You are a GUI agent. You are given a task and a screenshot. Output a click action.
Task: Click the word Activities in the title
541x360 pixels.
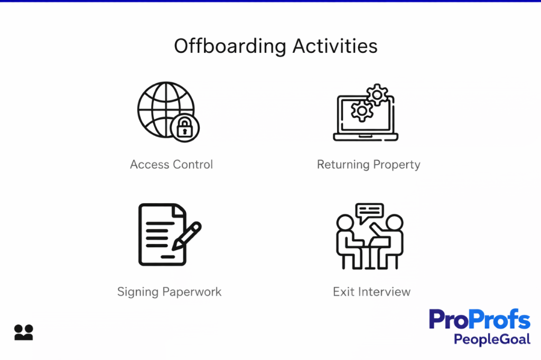335,46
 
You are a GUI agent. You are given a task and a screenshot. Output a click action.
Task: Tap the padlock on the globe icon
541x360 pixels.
184,127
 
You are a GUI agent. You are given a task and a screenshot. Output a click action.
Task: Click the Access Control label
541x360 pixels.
171,164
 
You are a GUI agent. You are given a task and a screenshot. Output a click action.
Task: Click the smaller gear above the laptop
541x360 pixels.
377,94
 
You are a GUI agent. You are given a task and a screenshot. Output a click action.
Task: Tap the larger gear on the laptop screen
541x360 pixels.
362,111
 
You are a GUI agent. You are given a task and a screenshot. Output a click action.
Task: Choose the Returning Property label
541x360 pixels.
368,164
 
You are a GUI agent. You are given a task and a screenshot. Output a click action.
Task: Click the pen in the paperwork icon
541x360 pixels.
186,236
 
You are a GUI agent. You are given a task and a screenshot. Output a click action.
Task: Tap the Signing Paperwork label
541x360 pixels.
169,291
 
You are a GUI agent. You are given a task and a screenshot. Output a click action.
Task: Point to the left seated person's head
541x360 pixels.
346,223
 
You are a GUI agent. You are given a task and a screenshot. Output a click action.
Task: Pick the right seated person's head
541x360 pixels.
394,223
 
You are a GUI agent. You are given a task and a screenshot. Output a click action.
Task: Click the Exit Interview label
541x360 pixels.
371,291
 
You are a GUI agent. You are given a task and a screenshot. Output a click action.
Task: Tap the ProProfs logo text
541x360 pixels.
479,320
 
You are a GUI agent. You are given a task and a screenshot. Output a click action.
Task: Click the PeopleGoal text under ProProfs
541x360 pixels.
492,338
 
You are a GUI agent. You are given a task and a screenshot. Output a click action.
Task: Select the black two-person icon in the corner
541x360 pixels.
24,332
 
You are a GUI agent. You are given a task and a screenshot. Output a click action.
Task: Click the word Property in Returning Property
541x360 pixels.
396,164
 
